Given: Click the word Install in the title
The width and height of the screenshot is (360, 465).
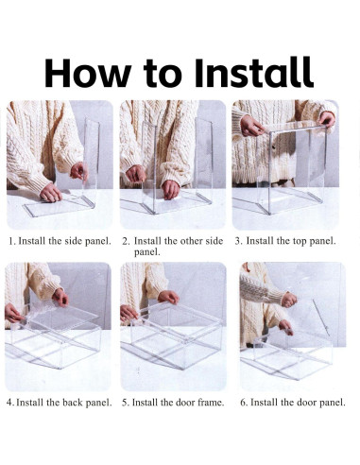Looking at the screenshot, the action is (x=254, y=73).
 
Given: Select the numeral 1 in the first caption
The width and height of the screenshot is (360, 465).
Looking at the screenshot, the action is (x=11, y=241).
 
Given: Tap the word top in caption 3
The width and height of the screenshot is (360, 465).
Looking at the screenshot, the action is (x=300, y=242).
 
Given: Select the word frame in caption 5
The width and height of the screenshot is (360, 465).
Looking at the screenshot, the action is (x=211, y=403).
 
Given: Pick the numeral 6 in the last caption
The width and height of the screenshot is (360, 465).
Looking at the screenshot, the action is (x=243, y=403).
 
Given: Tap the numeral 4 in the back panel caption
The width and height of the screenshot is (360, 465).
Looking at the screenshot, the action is (x=9, y=403).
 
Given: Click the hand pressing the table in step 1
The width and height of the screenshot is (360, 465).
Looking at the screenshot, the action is (x=50, y=193).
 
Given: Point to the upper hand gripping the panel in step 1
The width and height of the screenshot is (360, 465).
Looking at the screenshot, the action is (x=78, y=172).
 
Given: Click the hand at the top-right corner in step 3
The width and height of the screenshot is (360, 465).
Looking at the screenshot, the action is (x=327, y=119).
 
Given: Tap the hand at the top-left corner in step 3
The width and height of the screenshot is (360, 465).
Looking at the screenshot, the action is (x=251, y=126).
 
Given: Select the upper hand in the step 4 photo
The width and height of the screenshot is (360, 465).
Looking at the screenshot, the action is (x=60, y=297).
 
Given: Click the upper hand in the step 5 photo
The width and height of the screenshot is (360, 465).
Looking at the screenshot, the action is (x=169, y=297).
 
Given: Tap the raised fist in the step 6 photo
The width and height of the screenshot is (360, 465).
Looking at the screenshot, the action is (x=289, y=300).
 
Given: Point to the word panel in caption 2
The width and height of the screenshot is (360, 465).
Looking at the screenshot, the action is (x=146, y=252).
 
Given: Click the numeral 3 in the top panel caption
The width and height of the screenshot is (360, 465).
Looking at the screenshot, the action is (x=239, y=241).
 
